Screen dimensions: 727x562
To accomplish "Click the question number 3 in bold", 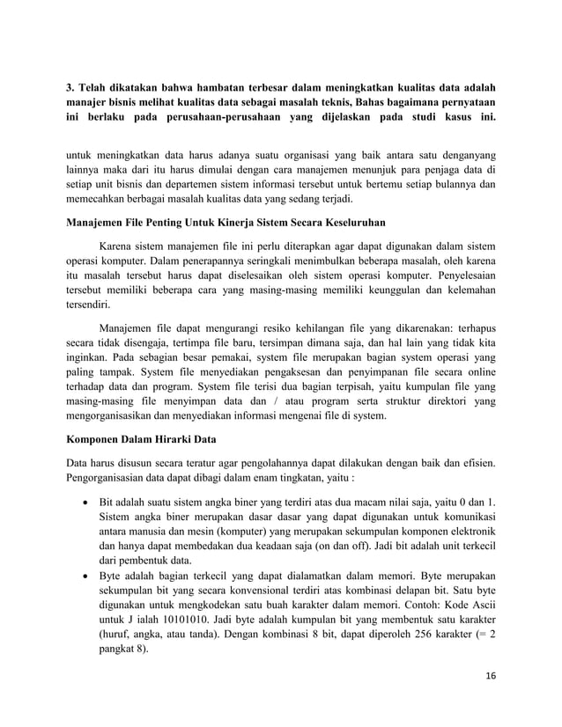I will click(70, 88).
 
